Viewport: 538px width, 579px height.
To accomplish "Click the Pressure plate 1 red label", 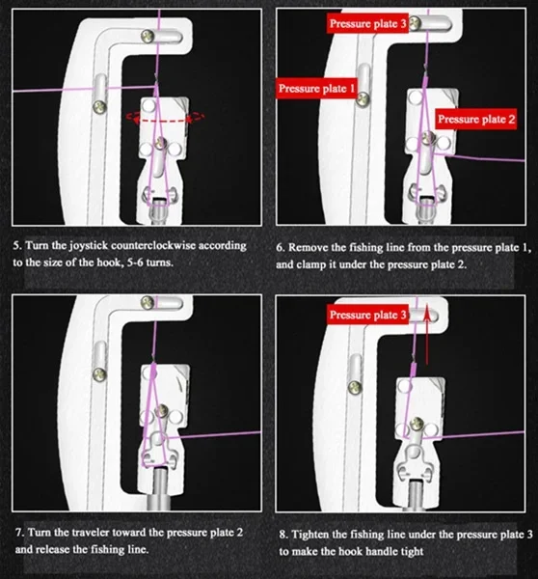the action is click(x=316, y=88).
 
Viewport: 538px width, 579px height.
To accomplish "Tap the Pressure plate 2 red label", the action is click(x=475, y=119).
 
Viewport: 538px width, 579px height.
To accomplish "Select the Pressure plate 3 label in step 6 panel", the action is click(x=367, y=23).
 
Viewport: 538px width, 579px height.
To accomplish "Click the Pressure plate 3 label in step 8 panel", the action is click(x=367, y=315).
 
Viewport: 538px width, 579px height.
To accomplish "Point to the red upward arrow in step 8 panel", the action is click(x=426, y=335).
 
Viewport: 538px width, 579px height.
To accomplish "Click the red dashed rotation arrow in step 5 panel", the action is click(x=165, y=118).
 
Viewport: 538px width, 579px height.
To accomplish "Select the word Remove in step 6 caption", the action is click(x=308, y=247).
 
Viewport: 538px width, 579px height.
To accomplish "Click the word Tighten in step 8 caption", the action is click(x=309, y=535).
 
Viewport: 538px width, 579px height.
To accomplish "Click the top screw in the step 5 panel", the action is click(x=148, y=37).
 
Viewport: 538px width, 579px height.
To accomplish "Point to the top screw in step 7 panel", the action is click(x=148, y=303).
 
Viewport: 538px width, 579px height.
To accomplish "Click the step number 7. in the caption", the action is click(x=20, y=533).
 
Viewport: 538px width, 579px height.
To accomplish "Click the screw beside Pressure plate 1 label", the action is click(x=363, y=98).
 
